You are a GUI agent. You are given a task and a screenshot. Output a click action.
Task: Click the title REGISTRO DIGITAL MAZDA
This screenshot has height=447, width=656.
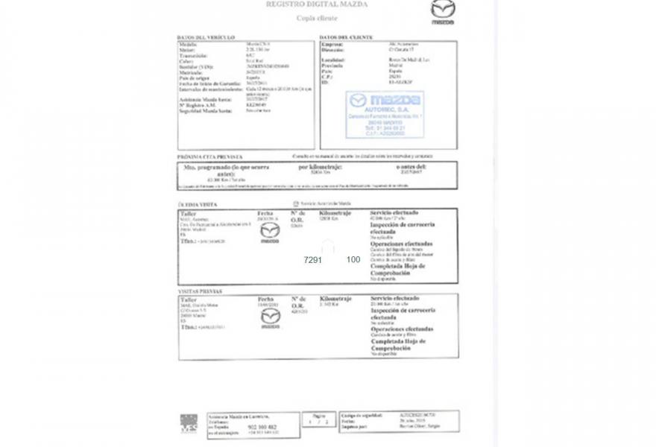[x=316, y=4]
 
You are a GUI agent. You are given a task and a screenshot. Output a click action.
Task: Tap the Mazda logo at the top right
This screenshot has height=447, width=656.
[x=442, y=10]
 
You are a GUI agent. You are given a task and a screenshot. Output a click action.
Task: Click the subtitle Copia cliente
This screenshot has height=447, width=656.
[x=317, y=18]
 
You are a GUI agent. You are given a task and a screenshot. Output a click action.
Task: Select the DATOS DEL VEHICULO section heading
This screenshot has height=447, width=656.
[x=206, y=37]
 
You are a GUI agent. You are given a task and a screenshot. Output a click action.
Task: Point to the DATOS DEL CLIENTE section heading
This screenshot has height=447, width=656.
[x=344, y=37]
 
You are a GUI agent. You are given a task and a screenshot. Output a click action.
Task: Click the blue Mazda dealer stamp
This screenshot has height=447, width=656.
[x=385, y=114]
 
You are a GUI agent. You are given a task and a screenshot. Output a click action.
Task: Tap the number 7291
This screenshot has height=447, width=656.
[x=312, y=260]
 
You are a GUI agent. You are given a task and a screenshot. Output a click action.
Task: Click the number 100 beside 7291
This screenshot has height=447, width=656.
[x=353, y=260]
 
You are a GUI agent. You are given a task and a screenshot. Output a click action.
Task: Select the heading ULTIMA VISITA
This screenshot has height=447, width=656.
[x=198, y=204]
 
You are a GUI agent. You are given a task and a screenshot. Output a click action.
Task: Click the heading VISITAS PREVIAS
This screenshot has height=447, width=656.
[x=200, y=291]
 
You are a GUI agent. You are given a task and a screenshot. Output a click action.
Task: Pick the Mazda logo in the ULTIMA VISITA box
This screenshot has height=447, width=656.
[x=269, y=232]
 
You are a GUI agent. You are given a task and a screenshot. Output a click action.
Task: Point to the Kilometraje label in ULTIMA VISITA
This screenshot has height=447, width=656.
[x=335, y=213]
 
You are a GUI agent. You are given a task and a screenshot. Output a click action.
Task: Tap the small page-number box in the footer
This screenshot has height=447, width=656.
[x=319, y=420]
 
